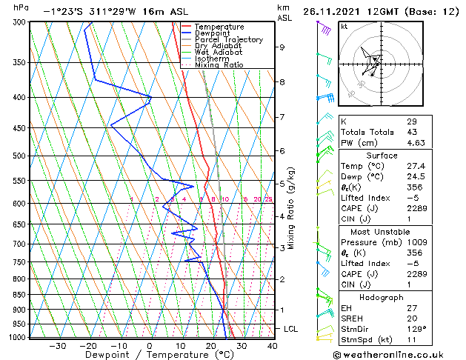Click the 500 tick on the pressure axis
[x=19, y=156]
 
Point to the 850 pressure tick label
[x=19, y=295]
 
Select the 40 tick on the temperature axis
[x=272, y=345]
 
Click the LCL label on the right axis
[x=291, y=328]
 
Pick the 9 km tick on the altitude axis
[x=282, y=47]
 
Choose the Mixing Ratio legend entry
[x=219, y=65]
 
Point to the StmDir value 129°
[x=416, y=328]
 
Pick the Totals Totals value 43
[x=411, y=132]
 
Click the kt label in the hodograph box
[x=344, y=26]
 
